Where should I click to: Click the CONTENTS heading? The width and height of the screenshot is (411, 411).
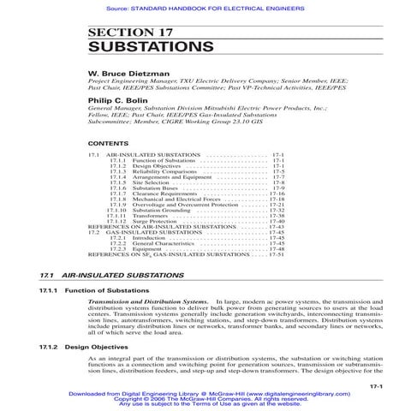[x=108, y=144]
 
